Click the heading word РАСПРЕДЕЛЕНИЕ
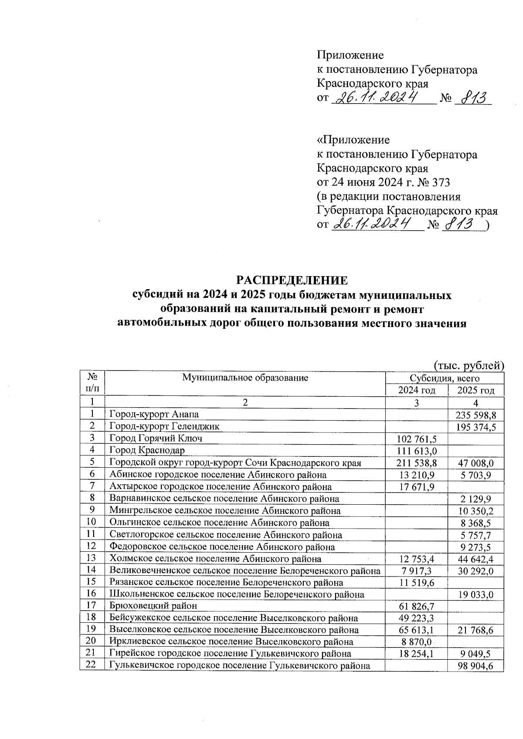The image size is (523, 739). click(292, 279)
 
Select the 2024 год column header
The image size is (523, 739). click(417, 390)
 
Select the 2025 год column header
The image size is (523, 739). click(476, 390)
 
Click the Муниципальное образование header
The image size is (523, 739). click(245, 378)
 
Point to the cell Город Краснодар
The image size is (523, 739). click(147, 450)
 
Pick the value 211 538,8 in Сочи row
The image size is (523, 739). click(417, 463)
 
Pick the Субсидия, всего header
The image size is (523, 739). click(445, 378)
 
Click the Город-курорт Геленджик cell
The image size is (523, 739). click(164, 426)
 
